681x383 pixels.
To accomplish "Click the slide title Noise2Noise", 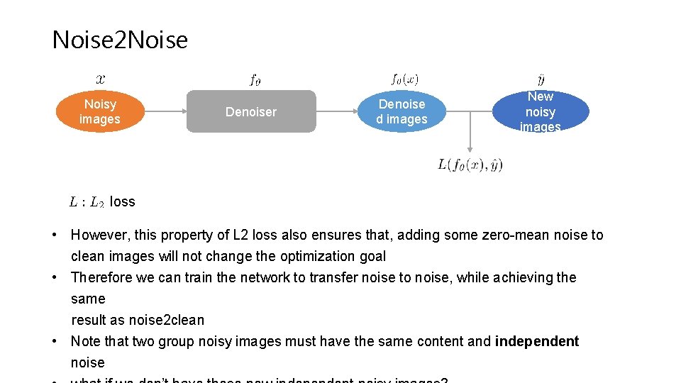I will point(120,40).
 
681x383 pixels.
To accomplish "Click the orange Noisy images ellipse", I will point(100,112).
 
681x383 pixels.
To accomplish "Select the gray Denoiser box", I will point(251,111).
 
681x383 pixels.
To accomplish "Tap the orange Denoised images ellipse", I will point(402,112).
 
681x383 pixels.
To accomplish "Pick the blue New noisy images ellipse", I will point(541,112).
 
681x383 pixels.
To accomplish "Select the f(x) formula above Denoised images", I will point(404,79).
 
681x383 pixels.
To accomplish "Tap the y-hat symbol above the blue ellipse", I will point(541,78).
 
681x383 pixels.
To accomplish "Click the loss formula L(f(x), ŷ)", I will point(470,165).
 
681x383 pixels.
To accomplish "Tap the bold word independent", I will point(537,341).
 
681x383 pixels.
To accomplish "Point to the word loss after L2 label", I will point(122,201).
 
